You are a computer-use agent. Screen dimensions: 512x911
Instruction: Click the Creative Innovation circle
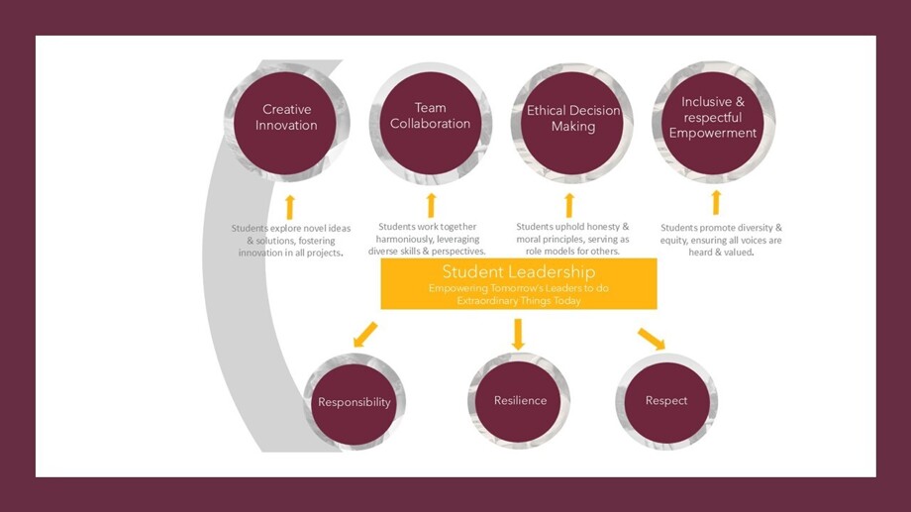point(286,118)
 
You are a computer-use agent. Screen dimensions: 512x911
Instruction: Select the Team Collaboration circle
point(431,117)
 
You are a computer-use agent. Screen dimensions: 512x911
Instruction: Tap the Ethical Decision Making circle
point(572,119)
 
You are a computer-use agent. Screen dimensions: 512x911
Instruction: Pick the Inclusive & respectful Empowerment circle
point(713,118)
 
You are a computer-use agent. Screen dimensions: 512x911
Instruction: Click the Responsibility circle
point(354,402)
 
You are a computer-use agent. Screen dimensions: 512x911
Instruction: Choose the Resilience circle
point(520,400)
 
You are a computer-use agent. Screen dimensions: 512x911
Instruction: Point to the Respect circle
point(666,401)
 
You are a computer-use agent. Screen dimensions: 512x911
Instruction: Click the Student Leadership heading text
point(518,271)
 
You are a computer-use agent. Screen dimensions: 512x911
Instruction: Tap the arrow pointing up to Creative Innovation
point(289,206)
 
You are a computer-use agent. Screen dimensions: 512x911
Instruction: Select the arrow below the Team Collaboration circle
point(431,205)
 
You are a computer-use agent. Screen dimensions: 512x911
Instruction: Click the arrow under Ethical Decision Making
point(569,205)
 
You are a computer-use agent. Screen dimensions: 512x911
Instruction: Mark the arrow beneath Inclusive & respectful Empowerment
point(716,203)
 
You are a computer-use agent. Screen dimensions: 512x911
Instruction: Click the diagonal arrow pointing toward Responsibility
point(364,335)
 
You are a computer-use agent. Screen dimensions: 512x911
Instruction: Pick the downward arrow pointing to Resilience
point(518,334)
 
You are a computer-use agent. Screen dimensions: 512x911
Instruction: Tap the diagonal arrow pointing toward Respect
point(651,338)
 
